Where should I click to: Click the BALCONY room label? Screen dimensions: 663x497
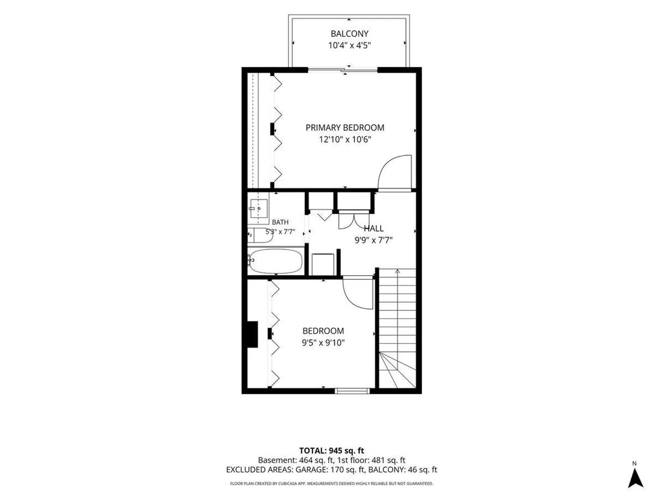tap(349, 34)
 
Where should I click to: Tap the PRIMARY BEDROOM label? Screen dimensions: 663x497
tap(345, 127)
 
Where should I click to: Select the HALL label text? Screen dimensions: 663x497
tap(373, 228)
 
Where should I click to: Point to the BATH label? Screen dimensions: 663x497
tap(280, 222)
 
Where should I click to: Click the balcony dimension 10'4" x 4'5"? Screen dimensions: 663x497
tap(349, 46)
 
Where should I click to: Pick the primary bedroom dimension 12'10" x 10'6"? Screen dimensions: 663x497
tap(345, 139)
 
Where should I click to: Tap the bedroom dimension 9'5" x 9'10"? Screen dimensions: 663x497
tap(323, 343)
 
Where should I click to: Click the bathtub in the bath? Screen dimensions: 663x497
tap(275, 261)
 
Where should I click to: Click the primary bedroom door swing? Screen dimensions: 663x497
tap(395, 173)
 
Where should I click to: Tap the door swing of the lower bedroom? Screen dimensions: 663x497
tap(358, 293)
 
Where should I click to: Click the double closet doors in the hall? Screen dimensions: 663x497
tap(354, 220)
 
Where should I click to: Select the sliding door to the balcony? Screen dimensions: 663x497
tap(343, 70)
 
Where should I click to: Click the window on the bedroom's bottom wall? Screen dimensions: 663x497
tap(352, 391)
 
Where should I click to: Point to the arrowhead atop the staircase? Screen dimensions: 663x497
tap(397, 271)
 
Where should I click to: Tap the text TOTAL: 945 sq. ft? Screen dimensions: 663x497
tap(331, 451)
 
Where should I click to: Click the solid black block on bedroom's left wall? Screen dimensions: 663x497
tap(252, 335)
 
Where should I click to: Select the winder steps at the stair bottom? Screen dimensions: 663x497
tap(397, 370)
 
